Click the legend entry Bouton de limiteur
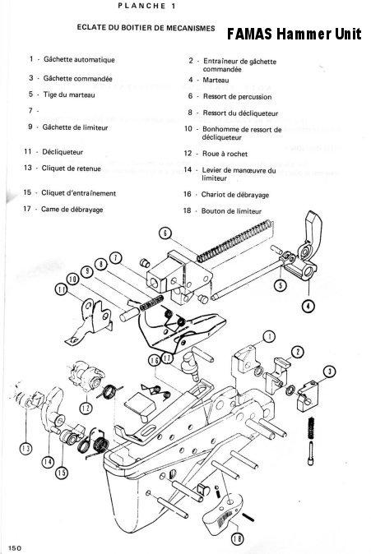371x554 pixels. tap(234, 210)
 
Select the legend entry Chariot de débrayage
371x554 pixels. tap(237, 195)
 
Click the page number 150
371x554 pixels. tap(14, 547)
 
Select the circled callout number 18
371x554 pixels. tap(236, 539)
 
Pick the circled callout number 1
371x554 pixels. tap(268, 335)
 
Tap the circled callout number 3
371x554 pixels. tap(329, 372)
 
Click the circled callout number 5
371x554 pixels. tap(280, 285)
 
